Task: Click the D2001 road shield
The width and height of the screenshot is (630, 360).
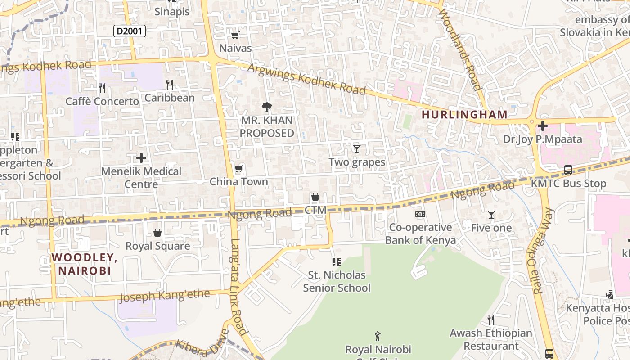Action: pos(129,31)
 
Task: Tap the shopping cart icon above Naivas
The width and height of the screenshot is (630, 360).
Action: pos(235,35)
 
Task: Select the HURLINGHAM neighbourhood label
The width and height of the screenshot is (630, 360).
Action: pos(464,115)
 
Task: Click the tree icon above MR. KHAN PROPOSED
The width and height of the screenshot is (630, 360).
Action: pos(266,107)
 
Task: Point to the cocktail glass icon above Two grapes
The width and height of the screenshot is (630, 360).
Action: pos(357,148)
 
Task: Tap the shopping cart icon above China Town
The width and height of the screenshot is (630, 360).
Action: pos(238,169)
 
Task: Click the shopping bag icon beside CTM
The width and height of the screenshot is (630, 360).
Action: pos(315,197)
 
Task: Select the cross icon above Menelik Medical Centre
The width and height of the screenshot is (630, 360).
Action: pos(141,158)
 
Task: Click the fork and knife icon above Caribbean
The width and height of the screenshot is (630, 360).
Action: pos(169,85)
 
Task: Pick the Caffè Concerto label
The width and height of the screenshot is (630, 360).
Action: pos(102,102)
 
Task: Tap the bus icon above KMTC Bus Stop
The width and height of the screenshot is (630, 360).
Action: pos(568,170)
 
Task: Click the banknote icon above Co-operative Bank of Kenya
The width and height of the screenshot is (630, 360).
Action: pos(420,214)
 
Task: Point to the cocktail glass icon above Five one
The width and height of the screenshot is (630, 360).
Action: pos(491,215)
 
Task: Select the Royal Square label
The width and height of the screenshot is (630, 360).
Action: pos(157,246)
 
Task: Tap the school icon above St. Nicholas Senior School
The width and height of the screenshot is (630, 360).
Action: pos(336,261)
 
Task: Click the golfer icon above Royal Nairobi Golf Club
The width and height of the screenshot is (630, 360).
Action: pos(378,336)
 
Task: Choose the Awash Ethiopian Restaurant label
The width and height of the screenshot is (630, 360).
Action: pos(491,340)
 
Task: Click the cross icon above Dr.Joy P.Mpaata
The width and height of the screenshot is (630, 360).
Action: pos(543,126)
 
